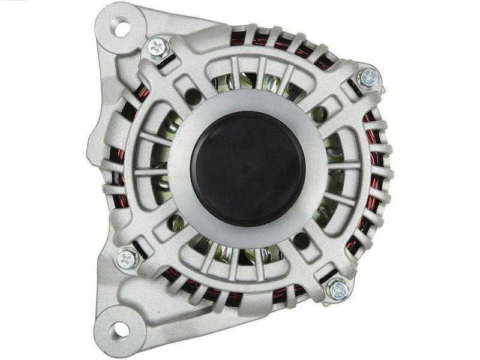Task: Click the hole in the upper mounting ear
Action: coord(121,27)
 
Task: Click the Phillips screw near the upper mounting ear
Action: coord(157,45)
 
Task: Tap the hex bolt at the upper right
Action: coord(368,78)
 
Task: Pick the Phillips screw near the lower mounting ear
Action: coord(127,259)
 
